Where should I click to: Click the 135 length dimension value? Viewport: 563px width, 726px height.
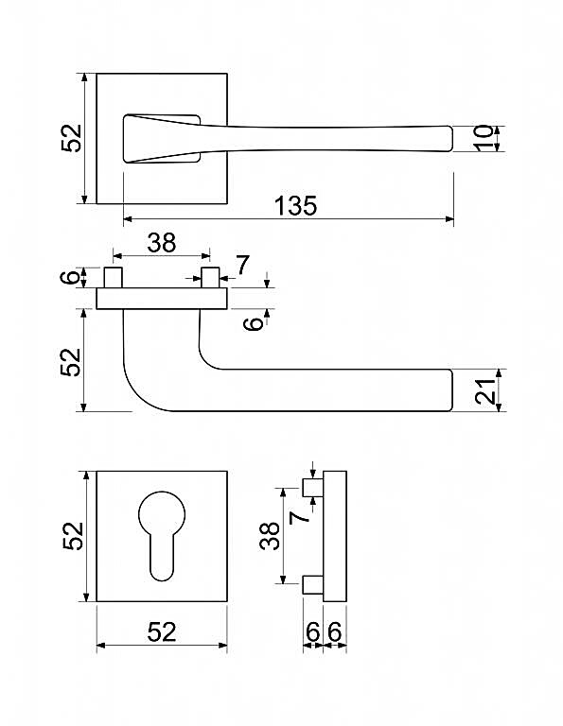pyautogui.click(x=295, y=205)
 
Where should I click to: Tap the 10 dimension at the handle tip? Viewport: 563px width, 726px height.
pyautogui.click(x=484, y=138)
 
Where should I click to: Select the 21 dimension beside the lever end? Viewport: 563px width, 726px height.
pyautogui.click(x=485, y=391)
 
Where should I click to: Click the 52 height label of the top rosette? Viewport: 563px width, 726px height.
pyautogui.click(x=71, y=138)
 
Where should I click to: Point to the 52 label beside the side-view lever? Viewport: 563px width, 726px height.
pyautogui.click(x=71, y=362)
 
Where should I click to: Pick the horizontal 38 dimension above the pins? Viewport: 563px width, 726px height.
pyautogui.click(x=162, y=243)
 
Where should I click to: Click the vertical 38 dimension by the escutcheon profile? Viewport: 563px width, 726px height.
pyautogui.click(x=270, y=536)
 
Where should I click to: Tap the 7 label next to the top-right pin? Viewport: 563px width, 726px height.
pyautogui.click(x=242, y=266)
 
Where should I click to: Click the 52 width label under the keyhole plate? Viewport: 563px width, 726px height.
pyautogui.click(x=162, y=632)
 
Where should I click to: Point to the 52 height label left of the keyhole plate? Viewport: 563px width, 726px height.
pyautogui.click(x=73, y=536)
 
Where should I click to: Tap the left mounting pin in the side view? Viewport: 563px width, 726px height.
pyautogui.click(x=113, y=277)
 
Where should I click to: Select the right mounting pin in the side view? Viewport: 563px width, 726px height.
pyautogui.click(x=210, y=277)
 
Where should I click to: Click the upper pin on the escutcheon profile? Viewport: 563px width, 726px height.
pyautogui.click(x=313, y=488)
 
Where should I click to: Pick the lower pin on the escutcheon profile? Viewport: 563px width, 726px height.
pyautogui.click(x=313, y=584)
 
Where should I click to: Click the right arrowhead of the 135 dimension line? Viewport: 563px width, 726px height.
pyautogui.click(x=449, y=219)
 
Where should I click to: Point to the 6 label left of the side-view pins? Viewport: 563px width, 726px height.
pyautogui.click(x=70, y=278)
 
